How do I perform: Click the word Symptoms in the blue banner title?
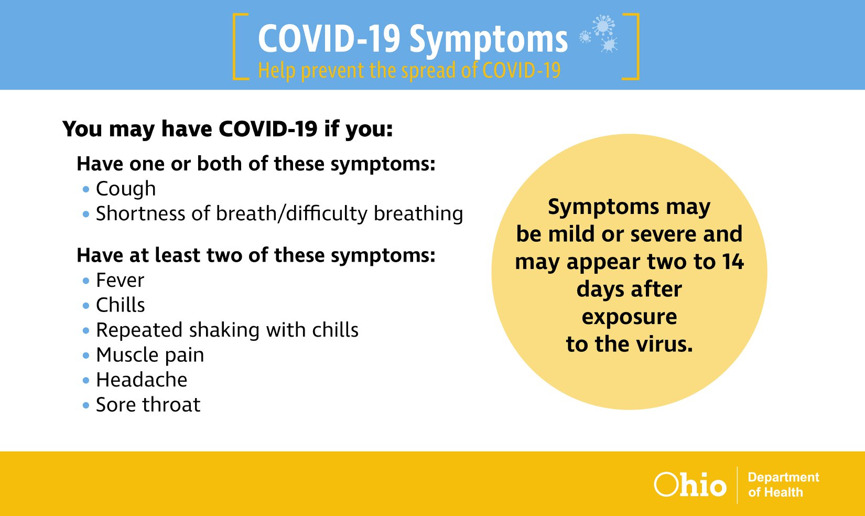click(x=488, y=40)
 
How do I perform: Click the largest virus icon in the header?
click(x=603, y=25)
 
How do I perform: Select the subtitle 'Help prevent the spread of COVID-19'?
click(x=409, y=71)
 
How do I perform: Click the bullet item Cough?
click(x=126, y=189)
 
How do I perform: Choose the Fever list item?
click(x=120, y=280)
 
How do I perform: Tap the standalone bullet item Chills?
click(x=120, y=305)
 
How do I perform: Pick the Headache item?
click(x=142, y=380)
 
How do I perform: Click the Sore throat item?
click(x=148, y=405)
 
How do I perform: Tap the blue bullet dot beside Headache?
click(x=86, y=381)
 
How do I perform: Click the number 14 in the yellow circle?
click(x=732, y=262)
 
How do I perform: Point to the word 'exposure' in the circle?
click(x=629, y=317)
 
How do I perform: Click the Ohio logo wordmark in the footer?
click(x=690, y=485)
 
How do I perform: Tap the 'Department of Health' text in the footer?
click(x=783, y=485)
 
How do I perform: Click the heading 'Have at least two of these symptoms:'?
click(x=256, y=255)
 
